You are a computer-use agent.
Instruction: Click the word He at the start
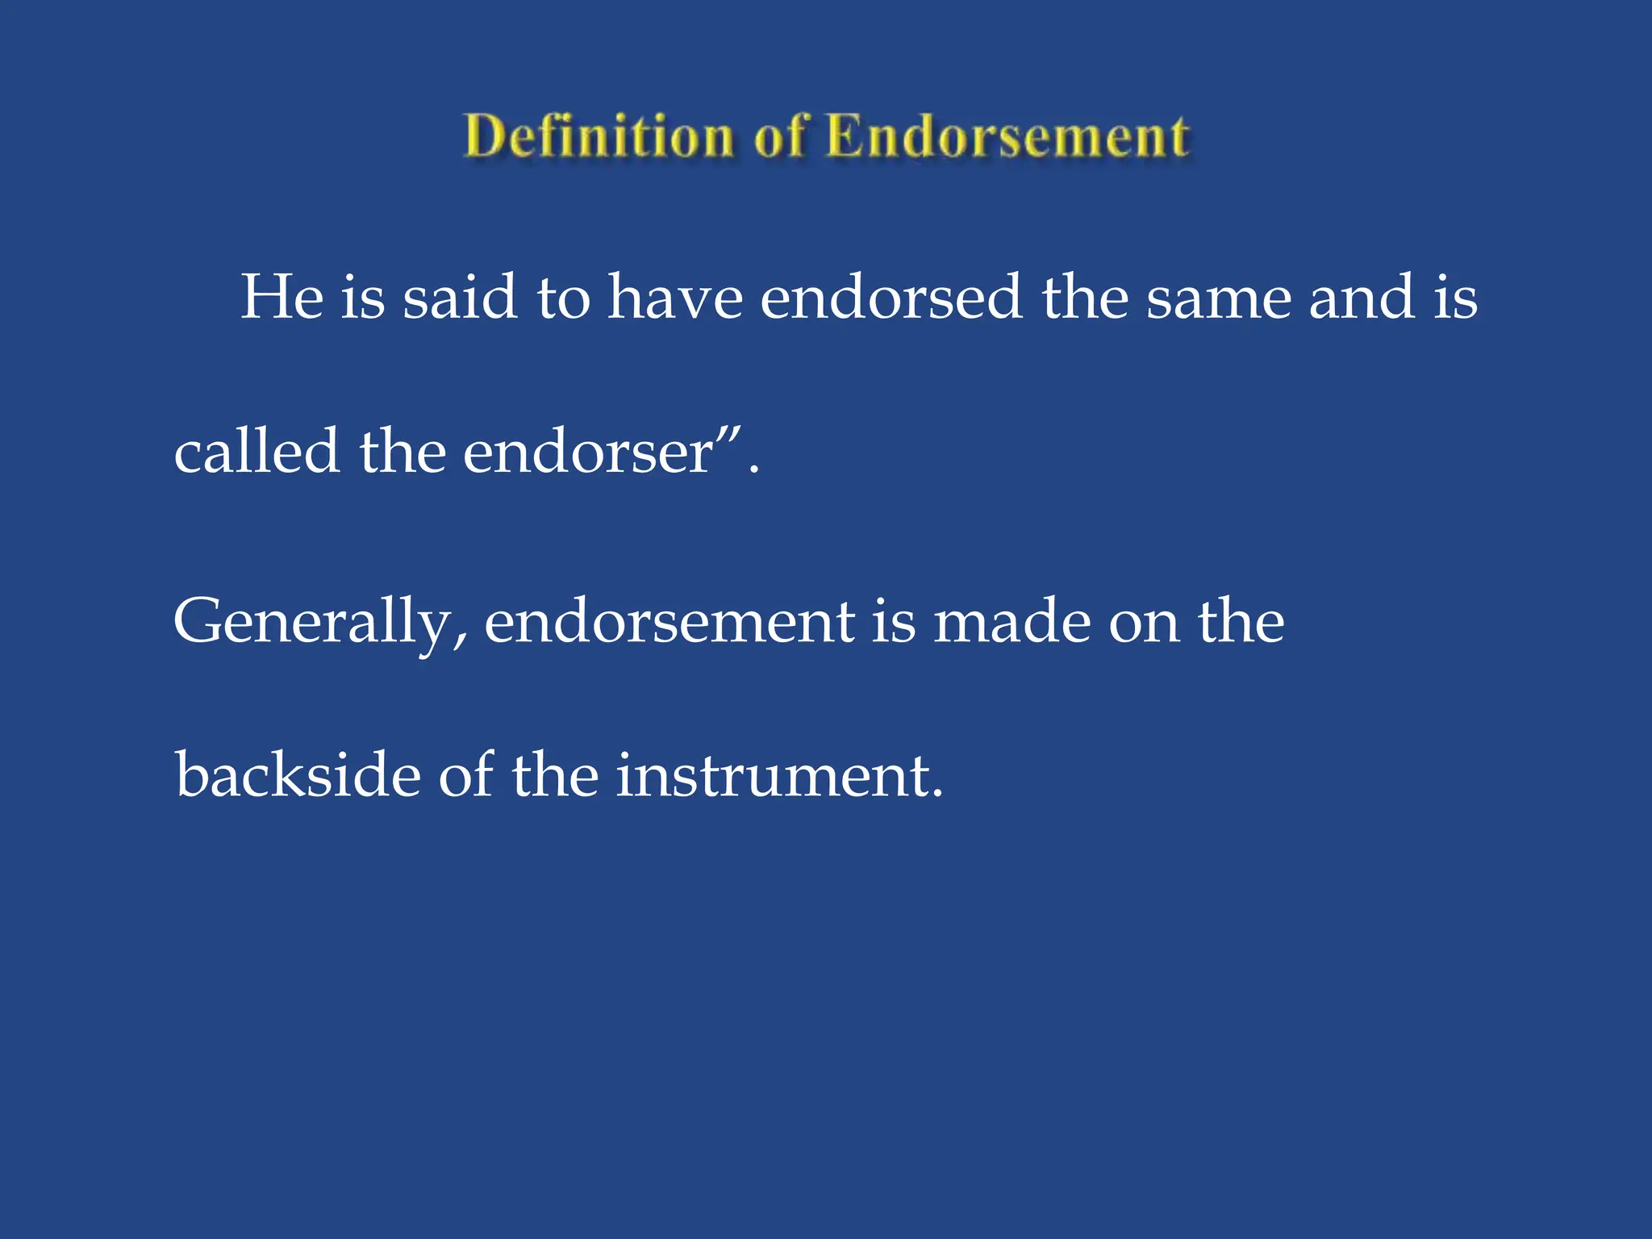coord(282,297)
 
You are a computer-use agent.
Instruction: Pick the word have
coord(675,297)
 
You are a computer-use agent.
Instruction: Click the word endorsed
coord(891,297)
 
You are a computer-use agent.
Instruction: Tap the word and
coord(1362,297)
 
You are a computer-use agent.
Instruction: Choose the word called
coord(257,451)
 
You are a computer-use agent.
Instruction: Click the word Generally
coord(311,623)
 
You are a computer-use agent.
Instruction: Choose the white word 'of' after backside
coord(465,774)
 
